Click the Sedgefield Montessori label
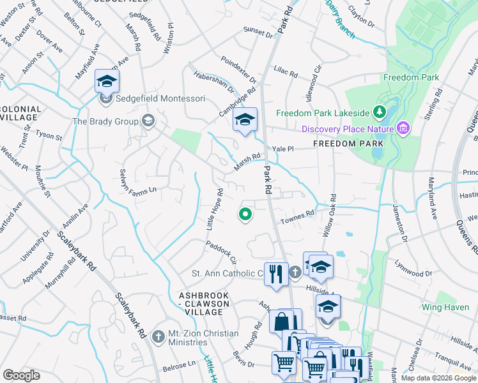(x=151, y=98)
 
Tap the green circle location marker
(x=244, y=214)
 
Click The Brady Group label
(x=106, y=121)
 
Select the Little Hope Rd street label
(x=215, y=210)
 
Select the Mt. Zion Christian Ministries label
(x=203, y=338)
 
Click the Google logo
(x=21, y=375)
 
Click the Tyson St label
(x=49, y=136)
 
